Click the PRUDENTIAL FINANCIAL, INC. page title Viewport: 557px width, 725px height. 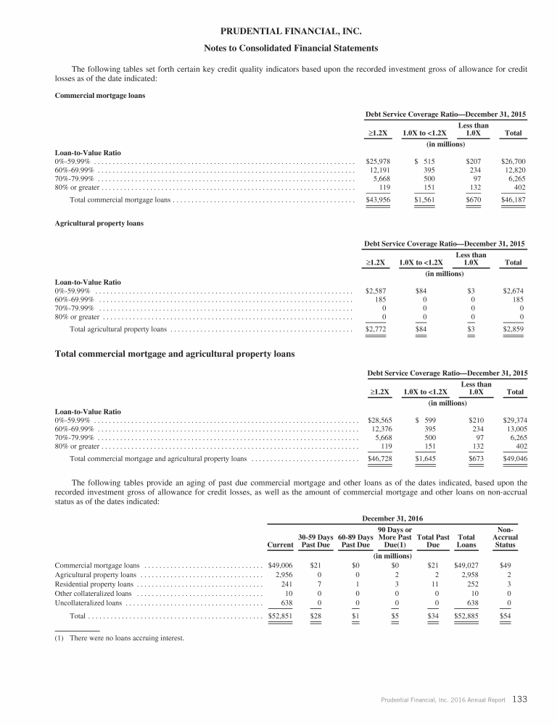tap(278, 30)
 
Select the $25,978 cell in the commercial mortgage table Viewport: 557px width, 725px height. tap(376, 161)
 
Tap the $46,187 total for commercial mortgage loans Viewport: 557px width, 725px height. tap(513, 199)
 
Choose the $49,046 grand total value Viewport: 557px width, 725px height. tap(514, 459)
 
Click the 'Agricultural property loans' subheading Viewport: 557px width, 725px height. tap(99, 223)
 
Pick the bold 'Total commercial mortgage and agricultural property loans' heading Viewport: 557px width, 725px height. tap(175, 354)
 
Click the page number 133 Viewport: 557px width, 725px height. tap(519, 700)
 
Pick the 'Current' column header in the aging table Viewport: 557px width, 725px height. tap(280, 544)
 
